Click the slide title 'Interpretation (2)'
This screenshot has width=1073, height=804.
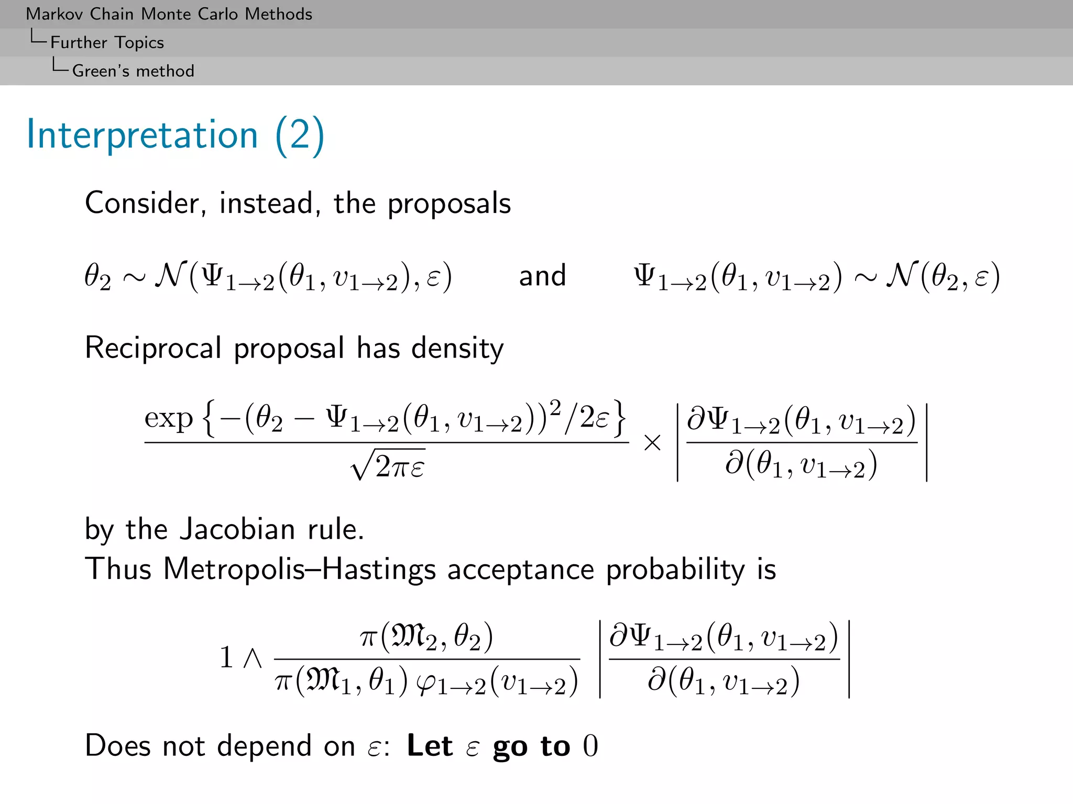(x=176, y=135)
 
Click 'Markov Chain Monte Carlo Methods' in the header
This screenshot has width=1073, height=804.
(x=169, y=14)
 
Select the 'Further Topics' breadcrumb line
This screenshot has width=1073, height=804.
(x=107, y=42)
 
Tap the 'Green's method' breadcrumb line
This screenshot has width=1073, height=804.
(x=133, y=71)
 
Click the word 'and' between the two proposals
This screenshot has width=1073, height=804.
(x=542, y=276)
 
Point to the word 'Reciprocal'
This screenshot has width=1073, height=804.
(x=152, y=348)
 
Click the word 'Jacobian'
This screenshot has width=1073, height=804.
(x=237, y=529)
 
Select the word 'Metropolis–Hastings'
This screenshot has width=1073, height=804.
(x=299, y=569)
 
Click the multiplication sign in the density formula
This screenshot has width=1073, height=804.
(x=652, y=443)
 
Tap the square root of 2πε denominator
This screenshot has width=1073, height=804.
(x=388, y=465)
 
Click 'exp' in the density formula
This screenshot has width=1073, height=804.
(x=169, y=419)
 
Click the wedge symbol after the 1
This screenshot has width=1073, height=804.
(x=253, y=658)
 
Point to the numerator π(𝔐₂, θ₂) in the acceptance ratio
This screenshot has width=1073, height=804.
(x=426, y=636)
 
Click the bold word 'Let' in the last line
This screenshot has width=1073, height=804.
(x=430, y=746)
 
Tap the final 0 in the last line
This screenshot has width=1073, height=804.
(x=590, y=746)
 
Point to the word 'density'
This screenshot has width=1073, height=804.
(x=457, y=348)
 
